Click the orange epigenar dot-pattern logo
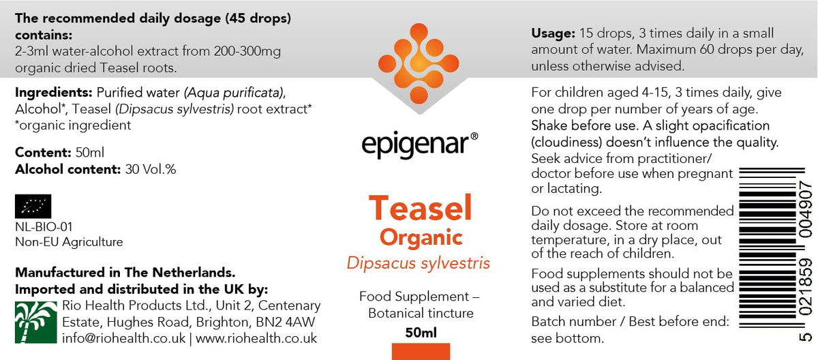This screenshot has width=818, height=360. pos(419,63)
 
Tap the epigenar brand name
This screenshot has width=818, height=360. pos(416,145)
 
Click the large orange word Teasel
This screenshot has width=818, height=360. pos(421,208)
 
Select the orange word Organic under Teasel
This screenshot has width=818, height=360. pos(421,238)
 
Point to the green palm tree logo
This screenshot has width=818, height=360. pos(35,322)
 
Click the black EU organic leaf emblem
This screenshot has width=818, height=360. pos(33,207)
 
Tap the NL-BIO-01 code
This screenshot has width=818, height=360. pos(44,227)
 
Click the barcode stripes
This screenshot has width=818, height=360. pos(768,248)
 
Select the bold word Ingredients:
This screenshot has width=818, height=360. pos(54,93)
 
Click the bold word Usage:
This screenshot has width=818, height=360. pos(554,33)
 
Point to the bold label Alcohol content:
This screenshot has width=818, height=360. pos(68,169)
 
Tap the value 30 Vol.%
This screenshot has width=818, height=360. pos(151,169)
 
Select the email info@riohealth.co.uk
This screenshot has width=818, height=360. pos(124,338)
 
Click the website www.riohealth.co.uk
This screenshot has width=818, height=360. pos(256,338)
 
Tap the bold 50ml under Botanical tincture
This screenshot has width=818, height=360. pos(421,333)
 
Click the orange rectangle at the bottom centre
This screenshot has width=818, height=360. pos(421,351)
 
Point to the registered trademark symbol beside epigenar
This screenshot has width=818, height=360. pos(474,136)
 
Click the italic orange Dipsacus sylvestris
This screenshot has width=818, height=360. pos(418,263)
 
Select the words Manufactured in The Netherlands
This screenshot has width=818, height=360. pos(125,273)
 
